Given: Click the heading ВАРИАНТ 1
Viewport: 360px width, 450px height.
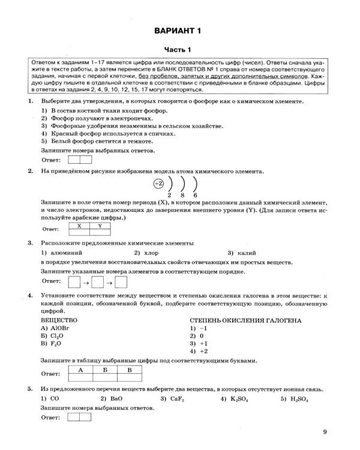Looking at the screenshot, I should [180, 30].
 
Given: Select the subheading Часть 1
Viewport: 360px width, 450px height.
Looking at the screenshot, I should [180, 50].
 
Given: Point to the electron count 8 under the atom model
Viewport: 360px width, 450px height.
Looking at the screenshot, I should [182, 196].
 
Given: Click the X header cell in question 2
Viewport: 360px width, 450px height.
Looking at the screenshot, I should [77, 226].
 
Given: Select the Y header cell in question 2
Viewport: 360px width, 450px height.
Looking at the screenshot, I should [100, 226].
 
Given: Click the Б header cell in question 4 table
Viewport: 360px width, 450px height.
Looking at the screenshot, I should [105, 370].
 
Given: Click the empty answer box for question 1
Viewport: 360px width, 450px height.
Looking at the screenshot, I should [80, 160].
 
